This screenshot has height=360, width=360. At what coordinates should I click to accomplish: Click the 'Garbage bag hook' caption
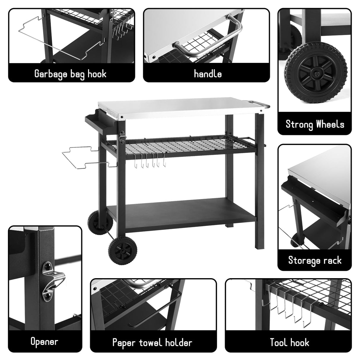click(71, 74)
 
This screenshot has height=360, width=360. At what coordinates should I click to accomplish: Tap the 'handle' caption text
click(208, 74)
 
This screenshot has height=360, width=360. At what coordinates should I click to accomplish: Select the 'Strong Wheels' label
click(315, 124)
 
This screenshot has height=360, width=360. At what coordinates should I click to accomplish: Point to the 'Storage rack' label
click(315, 260)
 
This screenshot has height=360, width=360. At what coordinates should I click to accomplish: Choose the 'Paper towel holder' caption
click(152, 342)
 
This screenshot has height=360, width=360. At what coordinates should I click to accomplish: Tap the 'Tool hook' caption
click(289, 342)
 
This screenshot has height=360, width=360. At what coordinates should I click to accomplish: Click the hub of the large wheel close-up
click(316, 74)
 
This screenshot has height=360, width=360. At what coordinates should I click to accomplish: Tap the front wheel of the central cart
click(122, 251)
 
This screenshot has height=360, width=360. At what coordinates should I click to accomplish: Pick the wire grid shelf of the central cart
click(179, 145)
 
